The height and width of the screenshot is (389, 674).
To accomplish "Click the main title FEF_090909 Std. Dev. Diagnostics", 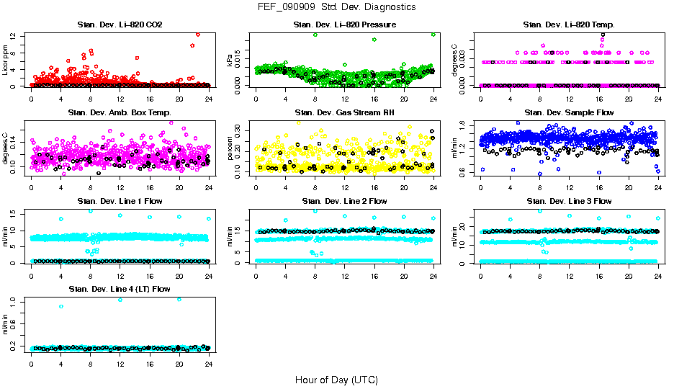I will pos(336,7).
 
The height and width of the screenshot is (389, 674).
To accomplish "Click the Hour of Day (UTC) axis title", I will pos(336,379).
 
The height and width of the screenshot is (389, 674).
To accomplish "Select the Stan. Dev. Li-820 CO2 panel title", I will pos(120,25).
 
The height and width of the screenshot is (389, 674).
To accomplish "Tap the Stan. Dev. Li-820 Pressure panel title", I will pos(345,25).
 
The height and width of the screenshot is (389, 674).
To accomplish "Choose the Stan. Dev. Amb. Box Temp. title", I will pos(120,112).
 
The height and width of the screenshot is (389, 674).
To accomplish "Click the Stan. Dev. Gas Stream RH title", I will pos(345,112).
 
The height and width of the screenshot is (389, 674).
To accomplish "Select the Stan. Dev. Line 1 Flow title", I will pos(120,201).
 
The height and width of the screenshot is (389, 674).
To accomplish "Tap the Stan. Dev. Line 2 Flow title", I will pos(345,201).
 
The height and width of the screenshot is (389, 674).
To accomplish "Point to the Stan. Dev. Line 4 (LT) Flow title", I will pos(120,289).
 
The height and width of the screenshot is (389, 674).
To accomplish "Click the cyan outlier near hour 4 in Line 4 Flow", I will pos(61,306).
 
